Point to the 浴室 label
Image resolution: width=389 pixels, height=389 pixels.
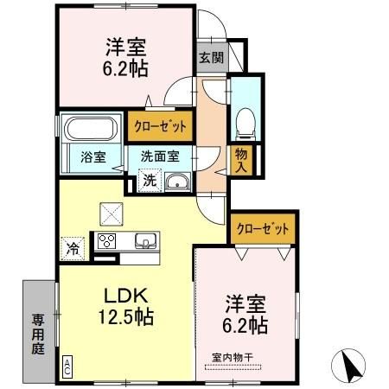click(93, 158)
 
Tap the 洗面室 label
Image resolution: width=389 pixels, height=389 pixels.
click(161, 157)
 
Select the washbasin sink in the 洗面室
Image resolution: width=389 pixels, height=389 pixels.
click(179, 182)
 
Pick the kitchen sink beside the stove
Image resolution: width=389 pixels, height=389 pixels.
click(143, 241)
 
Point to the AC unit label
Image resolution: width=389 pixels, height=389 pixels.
click(67, 366)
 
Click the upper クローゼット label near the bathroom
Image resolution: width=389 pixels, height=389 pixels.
click(160, 125)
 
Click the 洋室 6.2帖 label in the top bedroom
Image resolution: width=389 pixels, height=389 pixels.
click(125, 57)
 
